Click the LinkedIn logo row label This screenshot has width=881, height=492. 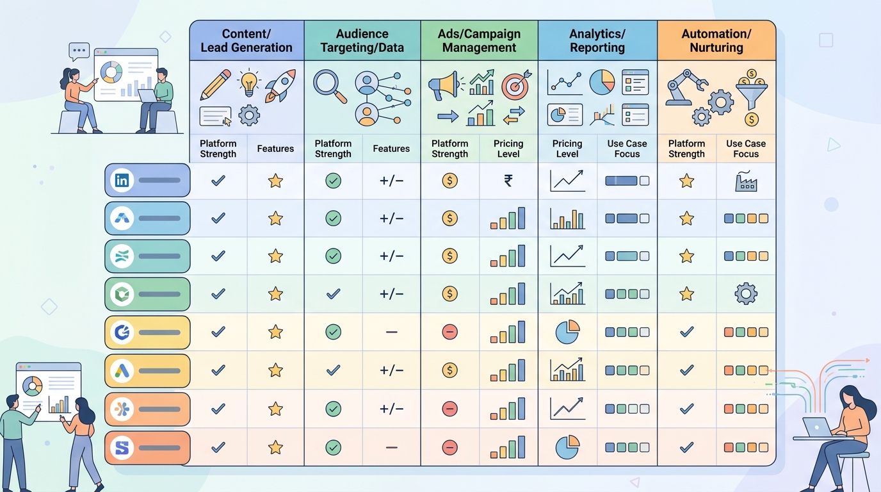coord(147,180)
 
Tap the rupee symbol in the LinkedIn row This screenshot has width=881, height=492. coord(508,181)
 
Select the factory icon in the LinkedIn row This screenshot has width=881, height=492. coord(746,181)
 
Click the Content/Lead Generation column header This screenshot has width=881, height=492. coord(247,40)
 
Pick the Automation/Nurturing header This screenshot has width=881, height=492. coord(716,40)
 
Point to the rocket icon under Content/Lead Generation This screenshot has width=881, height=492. coord(280,85)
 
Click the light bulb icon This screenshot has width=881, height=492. coord(248,82)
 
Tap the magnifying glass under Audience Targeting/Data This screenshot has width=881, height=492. coord(330,86)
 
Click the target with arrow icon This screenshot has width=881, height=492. coord(516,85)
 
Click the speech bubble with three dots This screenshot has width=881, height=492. coord(79,51)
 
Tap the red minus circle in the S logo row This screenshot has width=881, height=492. coord(449,448)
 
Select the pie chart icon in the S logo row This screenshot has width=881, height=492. coord(567,447)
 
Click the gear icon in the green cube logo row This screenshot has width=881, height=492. coord(746,293)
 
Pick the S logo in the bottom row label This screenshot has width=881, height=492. coord(122,448)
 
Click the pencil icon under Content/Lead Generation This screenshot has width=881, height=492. coord(215,85)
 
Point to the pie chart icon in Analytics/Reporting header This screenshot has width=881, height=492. coord(602,82)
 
